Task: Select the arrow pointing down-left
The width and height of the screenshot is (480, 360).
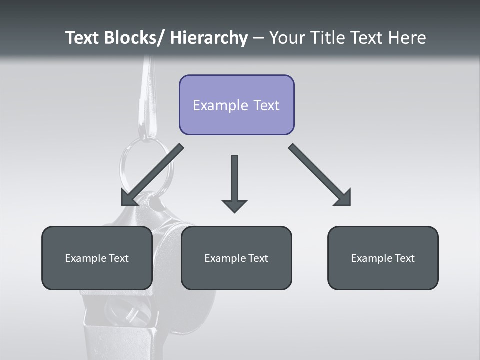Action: coord(152,175)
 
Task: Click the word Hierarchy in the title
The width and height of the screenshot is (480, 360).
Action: coord(209,38)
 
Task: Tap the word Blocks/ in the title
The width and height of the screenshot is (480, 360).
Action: coord(134,38)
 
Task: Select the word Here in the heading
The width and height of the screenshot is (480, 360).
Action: coord(406,38)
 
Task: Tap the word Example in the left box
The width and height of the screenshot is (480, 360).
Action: coord(86,258)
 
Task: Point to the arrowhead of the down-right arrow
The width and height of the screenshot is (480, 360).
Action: coord(343,198)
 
